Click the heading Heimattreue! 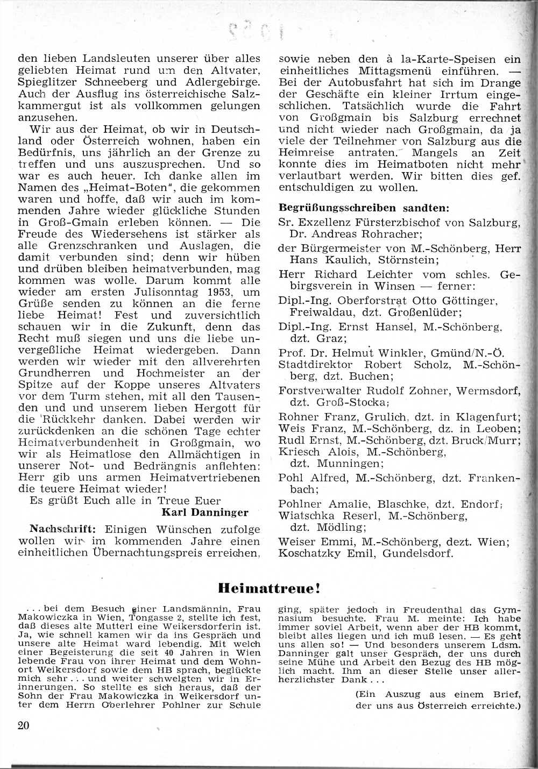(269, 588)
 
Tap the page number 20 (23, 725)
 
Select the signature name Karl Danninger (205, 512)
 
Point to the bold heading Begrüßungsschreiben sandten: (364, 208)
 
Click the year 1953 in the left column (214, 292)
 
